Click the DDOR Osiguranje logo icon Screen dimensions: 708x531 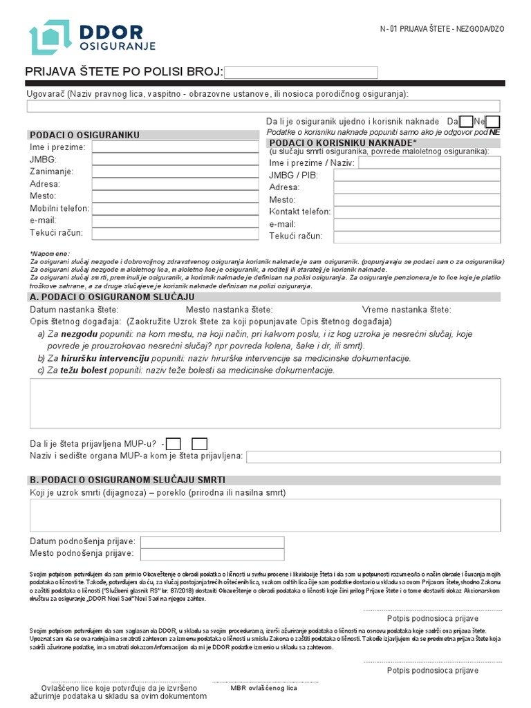50,38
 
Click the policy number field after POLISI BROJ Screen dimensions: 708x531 301,73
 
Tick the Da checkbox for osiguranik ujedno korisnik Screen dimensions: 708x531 467,122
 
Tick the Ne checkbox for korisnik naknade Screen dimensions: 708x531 492,122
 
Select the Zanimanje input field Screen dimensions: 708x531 175,171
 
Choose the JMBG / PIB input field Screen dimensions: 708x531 417,176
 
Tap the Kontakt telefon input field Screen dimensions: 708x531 417,212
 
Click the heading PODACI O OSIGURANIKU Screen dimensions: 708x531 85,135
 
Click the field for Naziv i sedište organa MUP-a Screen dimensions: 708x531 373,457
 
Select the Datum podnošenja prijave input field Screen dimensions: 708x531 212,542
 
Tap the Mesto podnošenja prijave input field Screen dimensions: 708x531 212,555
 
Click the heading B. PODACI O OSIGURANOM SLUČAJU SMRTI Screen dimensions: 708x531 127,480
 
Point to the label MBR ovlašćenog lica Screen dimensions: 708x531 264,688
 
